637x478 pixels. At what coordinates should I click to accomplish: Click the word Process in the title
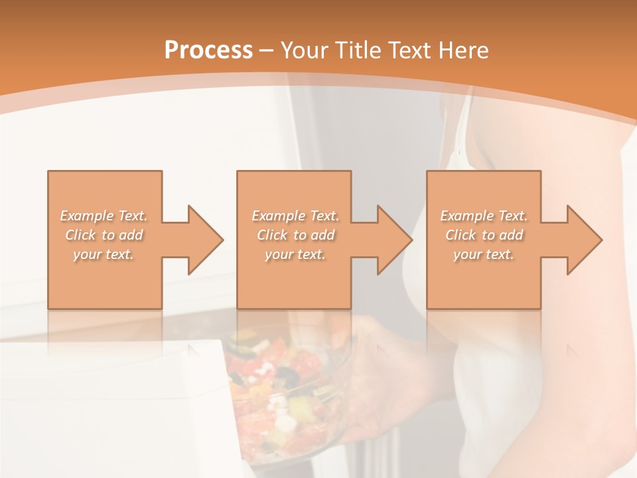pos(208,50)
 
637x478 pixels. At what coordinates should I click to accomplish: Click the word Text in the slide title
pos(413,50)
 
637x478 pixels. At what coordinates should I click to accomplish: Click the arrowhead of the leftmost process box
pos(203,240)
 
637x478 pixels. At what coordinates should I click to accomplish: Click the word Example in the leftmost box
pos(87,216)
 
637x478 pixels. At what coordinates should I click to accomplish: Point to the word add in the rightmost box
pos(511,235)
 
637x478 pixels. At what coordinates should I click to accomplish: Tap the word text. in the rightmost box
pos(499,254)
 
